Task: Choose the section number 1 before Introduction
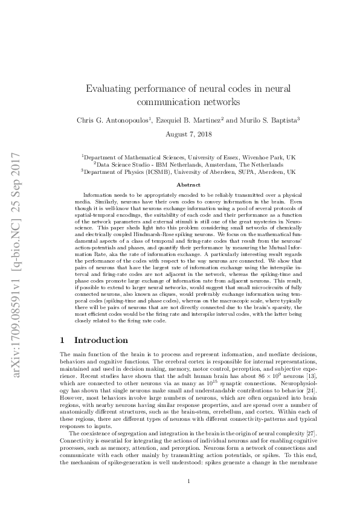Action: pyautogui.click(x=63, y=341)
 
